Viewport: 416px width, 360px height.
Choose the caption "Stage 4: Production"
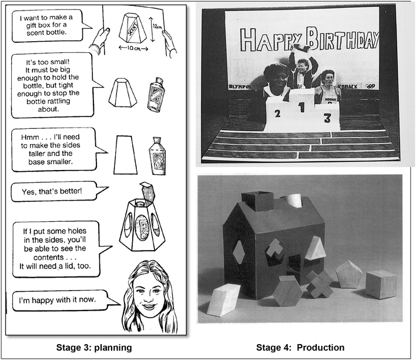coord(300,347)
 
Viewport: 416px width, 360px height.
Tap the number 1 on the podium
coord(301,108)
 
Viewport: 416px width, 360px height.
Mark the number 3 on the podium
coord(327,117)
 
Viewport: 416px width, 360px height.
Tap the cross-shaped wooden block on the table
coord(320,284)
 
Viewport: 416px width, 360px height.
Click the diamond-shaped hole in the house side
coord(239,252)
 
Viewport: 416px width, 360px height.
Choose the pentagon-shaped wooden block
coord(348,274)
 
